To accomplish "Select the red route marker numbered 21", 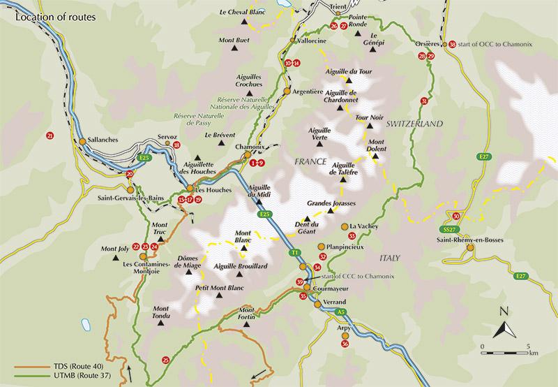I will [x=49, y=135].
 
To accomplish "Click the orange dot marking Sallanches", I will [x=82, y=141].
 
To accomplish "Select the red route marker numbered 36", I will [x=345, y=343].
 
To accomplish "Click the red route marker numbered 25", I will [x=165, y=360].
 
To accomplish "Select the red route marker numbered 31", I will [x=423, y=102].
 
